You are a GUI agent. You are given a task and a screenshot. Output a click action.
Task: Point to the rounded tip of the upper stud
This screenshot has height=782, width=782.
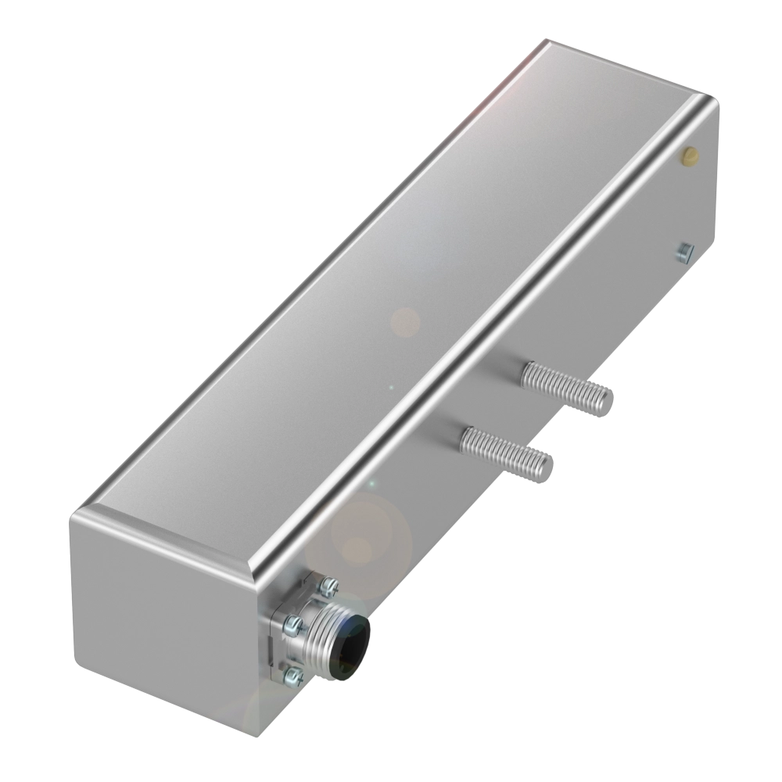coord(604,401)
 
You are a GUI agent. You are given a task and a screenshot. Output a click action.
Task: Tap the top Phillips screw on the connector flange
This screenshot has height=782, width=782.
coord(330,582)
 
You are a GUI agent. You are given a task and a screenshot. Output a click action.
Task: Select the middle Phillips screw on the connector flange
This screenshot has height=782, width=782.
coord(293,622)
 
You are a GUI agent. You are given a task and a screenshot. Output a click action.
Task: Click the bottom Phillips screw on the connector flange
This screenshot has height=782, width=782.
coord(292,673)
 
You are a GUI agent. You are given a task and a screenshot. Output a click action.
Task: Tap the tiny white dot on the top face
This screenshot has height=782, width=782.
coord(391,386)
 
